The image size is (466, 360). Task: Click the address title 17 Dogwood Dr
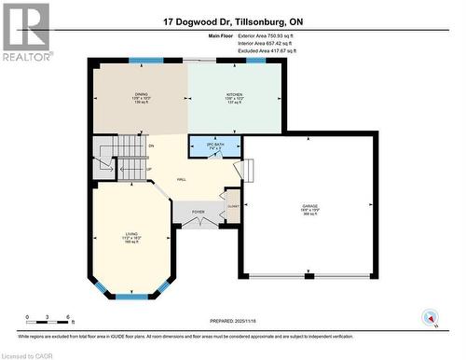click(x=232, y=20)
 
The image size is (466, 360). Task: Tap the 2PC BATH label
click(x=213, y=145)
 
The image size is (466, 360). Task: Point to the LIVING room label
click(x=132, y=234)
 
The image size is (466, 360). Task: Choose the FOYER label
click(x=198, y=213)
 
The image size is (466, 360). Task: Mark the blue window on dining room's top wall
click(x=144, y=61)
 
